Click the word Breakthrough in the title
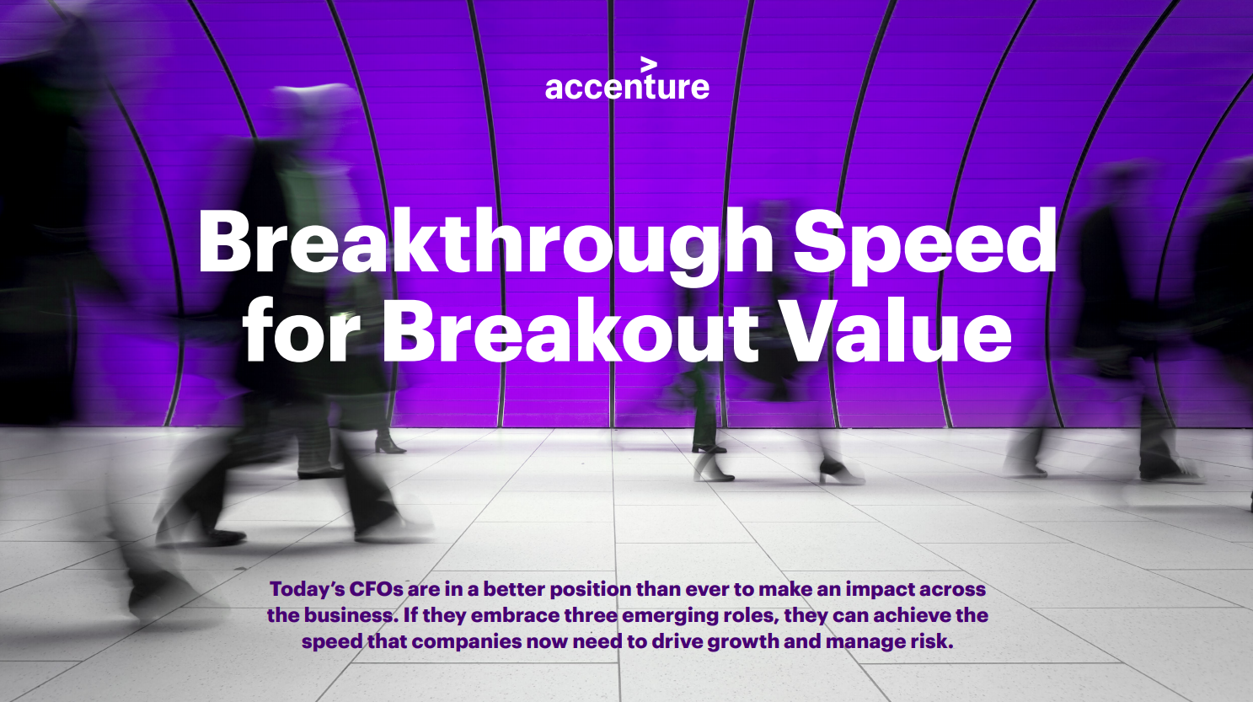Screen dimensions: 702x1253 coord(485,242)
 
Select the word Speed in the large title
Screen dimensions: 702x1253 coord(924,242)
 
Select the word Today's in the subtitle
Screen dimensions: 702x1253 coord(307,589)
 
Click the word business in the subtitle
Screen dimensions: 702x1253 coord(351,615)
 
